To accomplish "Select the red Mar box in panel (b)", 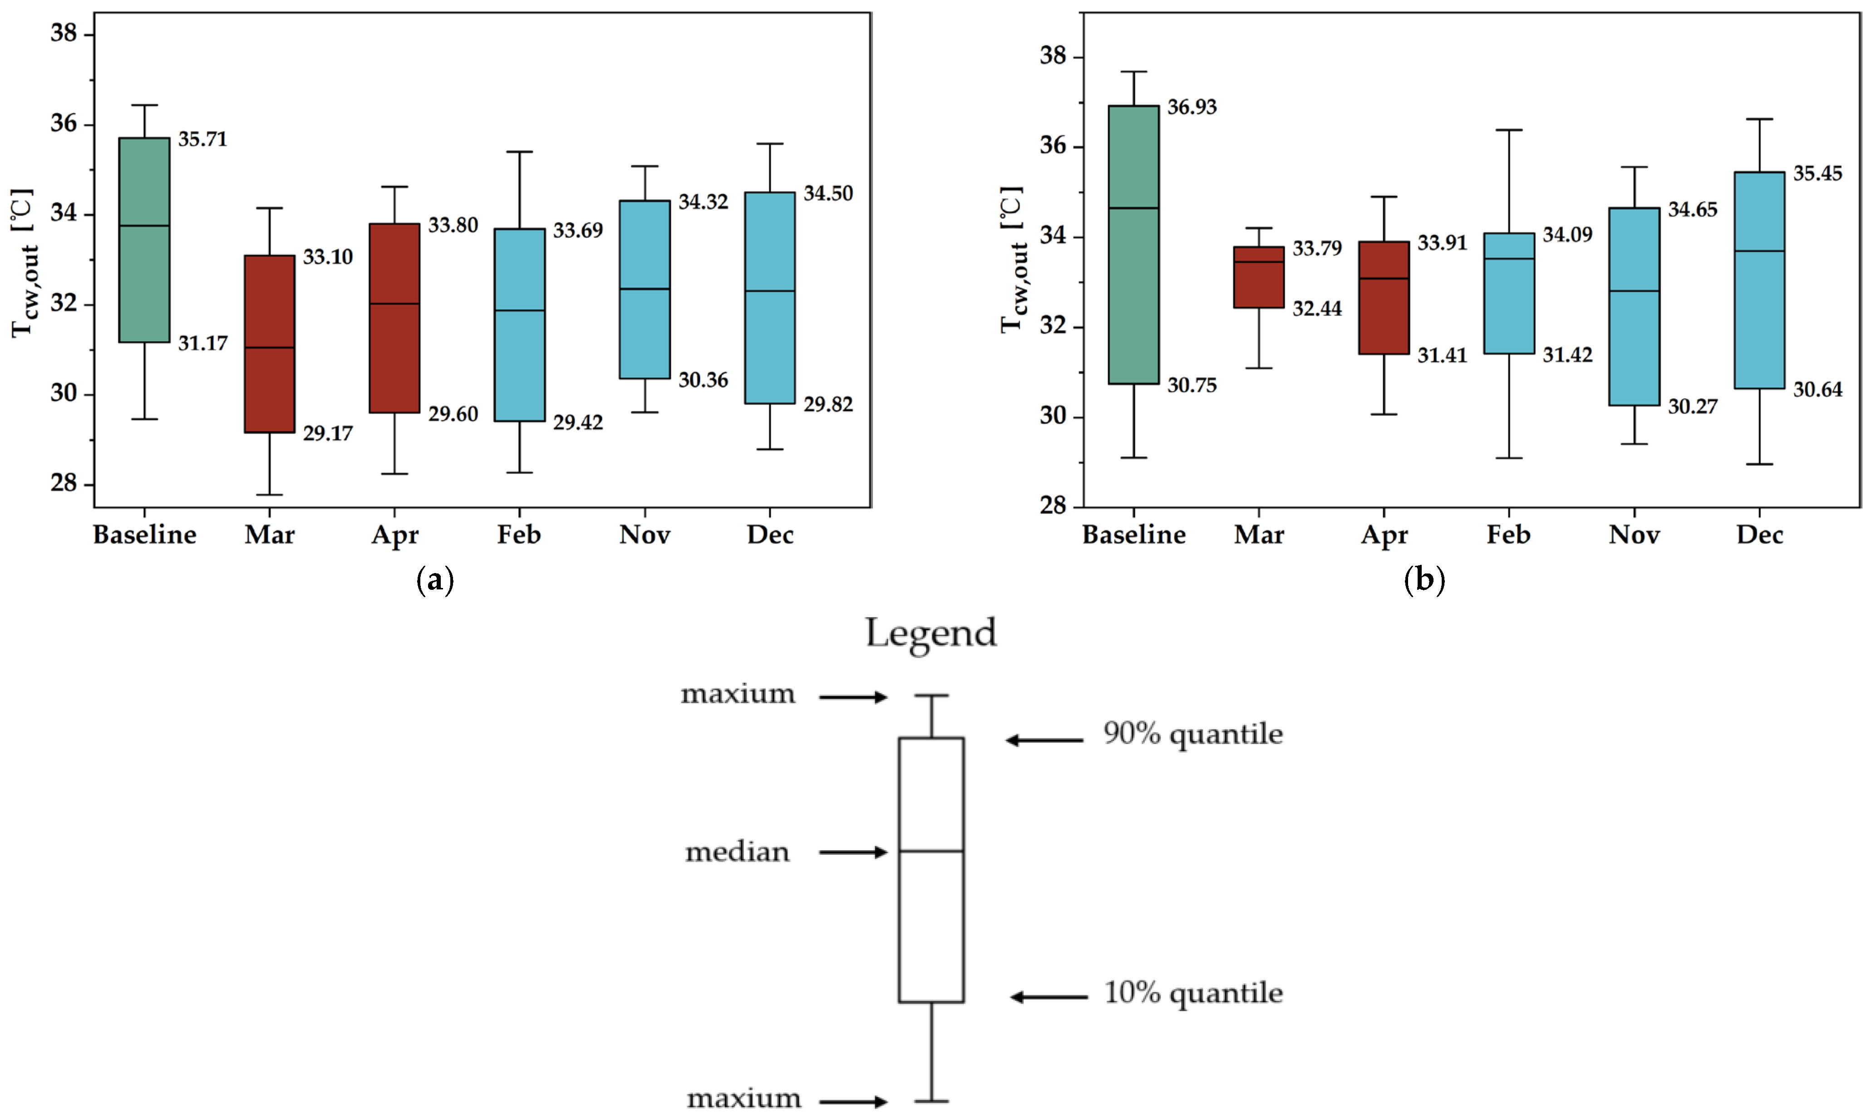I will pos(1259,277).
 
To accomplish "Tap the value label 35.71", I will pos(202,139).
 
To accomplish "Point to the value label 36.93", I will pos(1192,107).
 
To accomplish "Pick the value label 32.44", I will pos(1317,309).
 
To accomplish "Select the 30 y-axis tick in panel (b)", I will pos(1054,416).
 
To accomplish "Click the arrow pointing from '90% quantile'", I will pos(1044,741).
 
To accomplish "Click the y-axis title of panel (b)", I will pos(1012,260).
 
